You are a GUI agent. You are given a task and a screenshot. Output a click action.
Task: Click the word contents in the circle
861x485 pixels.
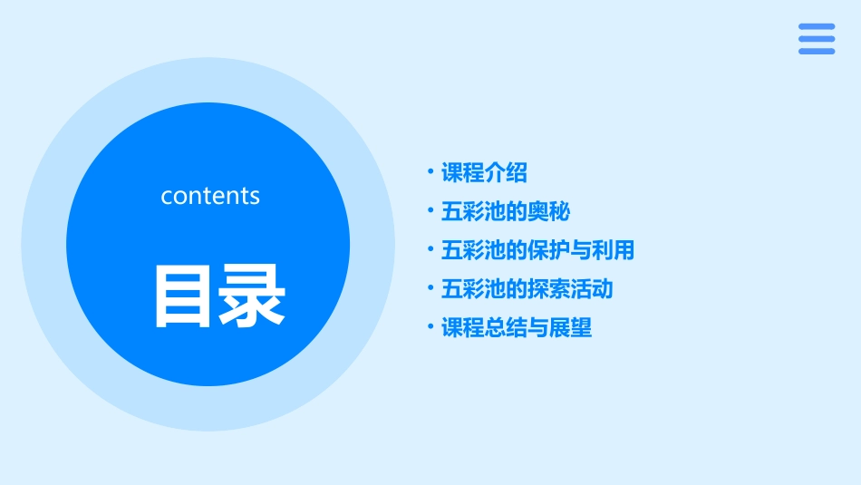coord(210,196)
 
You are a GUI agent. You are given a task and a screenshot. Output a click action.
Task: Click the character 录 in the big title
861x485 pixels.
coord(250,296)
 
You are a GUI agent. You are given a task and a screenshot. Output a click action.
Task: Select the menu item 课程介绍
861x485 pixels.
coord(484,172)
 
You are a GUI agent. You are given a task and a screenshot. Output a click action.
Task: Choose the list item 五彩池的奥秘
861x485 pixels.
coord(505,211)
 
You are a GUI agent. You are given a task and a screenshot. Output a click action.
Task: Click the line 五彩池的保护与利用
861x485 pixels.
coord(537,250)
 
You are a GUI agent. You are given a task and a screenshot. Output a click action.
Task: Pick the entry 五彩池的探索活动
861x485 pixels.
coord(527,289)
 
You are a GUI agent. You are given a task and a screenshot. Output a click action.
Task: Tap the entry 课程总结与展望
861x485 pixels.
coord(516,328)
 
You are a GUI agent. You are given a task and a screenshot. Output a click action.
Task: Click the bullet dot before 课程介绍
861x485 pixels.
coord(430,171)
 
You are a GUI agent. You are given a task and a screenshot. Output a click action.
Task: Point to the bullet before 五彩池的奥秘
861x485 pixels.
coord(430,210)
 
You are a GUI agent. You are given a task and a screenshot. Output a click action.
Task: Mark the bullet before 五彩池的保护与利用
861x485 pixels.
coord(430,249)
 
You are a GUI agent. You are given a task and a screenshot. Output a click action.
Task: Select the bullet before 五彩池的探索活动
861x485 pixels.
coord(430,288)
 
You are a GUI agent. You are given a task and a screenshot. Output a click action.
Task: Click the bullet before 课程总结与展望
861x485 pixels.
coord(430,327)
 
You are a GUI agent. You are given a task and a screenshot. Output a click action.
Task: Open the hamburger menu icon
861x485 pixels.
coord(817,39)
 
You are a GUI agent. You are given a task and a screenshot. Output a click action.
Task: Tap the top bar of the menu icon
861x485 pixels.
coord(817,27)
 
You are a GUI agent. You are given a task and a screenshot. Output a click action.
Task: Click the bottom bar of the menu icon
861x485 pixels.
coord(817,51)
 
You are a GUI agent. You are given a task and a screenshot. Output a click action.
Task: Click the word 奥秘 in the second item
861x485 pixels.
coord(548,211)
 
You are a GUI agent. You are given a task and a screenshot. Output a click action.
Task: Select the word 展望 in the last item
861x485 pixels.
coord(570,328)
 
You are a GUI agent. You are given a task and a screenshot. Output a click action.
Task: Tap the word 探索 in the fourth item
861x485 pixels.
coord(548,289)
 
